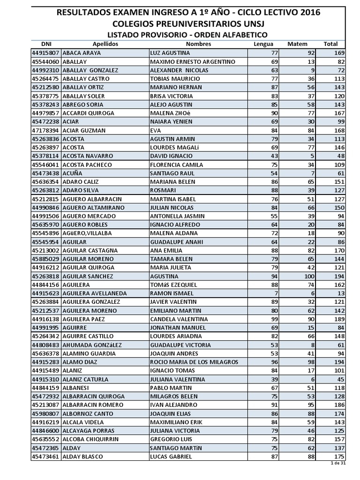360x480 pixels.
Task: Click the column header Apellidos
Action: click(x=105, y=44)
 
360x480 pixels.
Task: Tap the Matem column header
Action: click(x=297, y=44)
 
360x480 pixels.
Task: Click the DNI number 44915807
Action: click(x=45, y=53)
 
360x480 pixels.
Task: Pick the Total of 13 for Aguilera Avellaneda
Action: click(x=340, y=293)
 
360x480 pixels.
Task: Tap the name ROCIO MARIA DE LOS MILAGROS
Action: click(x=194, y=362)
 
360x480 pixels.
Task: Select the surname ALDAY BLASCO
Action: click(x=82, y=456)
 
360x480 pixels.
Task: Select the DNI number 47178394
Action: click(x=45, y=130)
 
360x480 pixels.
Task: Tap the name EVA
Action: click(x=155, y=130)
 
